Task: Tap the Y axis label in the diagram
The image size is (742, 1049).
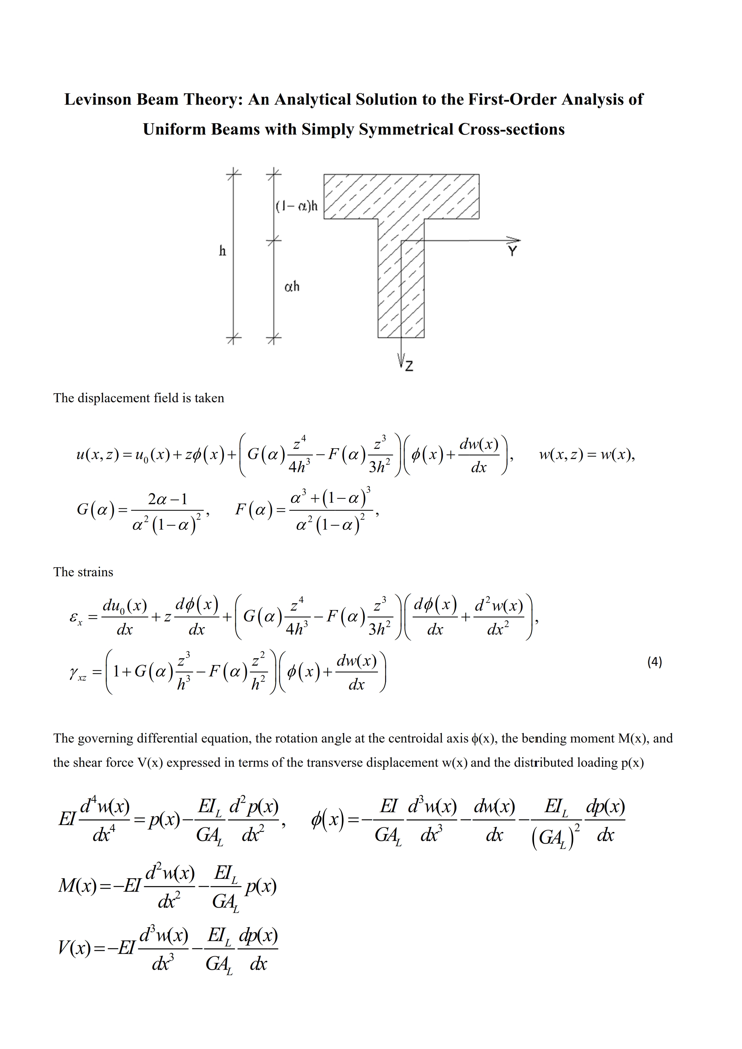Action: [512, 251]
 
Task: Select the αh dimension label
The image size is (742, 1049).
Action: [292, 286]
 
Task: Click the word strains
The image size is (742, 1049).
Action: [95, 572]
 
